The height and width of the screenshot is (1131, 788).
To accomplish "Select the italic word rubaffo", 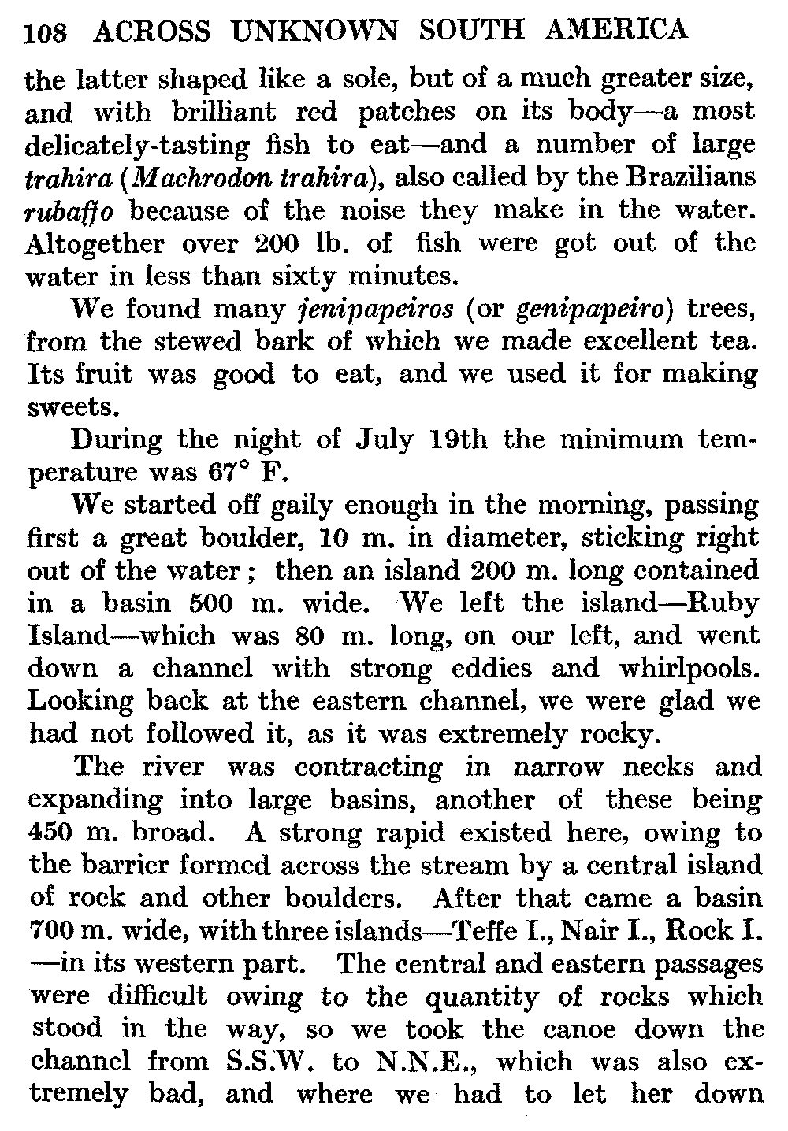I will coord(71,212).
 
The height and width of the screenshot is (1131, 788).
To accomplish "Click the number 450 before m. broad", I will coord(50,832).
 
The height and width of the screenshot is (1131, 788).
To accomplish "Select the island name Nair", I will coord(597,931).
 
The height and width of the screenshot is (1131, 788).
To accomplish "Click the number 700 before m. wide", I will coord(51,931).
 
